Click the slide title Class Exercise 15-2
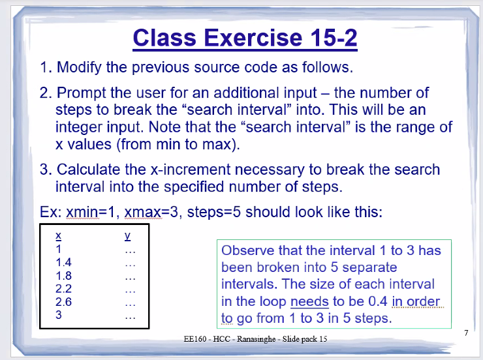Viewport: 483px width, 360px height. point(245,38)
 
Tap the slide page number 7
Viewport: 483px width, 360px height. point(466,333)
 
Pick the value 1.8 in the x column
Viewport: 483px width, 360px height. point(63,276)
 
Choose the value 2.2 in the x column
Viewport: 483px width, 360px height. point(63,289)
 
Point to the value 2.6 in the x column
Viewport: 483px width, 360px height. point(63,302)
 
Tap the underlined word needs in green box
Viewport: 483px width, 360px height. point(309,302)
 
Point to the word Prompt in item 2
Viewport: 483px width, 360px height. point(81,93)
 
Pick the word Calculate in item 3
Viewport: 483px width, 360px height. point(89,170)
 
